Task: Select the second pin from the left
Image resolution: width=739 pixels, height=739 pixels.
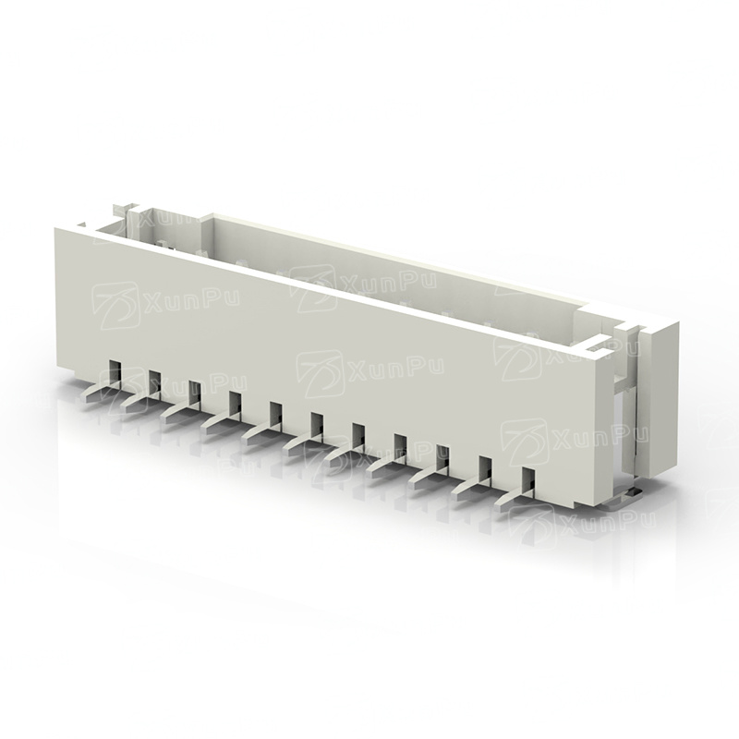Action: point(140,400)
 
